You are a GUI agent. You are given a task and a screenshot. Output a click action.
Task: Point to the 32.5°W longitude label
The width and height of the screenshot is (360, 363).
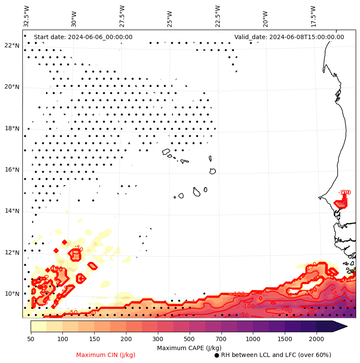(27, 16)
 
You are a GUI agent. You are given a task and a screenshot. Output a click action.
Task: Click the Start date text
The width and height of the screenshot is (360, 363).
(83, 37)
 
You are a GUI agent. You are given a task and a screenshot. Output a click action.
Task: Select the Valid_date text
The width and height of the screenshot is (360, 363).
(289, 37)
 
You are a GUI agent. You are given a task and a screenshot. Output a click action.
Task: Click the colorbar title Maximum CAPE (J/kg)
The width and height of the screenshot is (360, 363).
(189, 348)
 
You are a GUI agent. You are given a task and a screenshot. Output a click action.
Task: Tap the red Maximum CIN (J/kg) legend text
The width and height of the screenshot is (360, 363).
(106, 355)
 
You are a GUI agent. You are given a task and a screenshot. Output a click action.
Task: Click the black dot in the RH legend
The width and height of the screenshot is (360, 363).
(217, 355)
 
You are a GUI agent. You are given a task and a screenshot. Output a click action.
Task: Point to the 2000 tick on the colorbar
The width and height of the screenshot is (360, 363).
(317, 339)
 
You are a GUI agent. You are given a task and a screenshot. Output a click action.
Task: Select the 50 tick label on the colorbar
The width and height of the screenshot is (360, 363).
(31, 339)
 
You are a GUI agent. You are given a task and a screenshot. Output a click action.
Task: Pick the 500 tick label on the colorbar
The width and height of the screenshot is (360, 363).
(189, 339)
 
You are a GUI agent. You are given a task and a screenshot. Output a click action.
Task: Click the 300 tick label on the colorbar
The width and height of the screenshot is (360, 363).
(157, 339)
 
